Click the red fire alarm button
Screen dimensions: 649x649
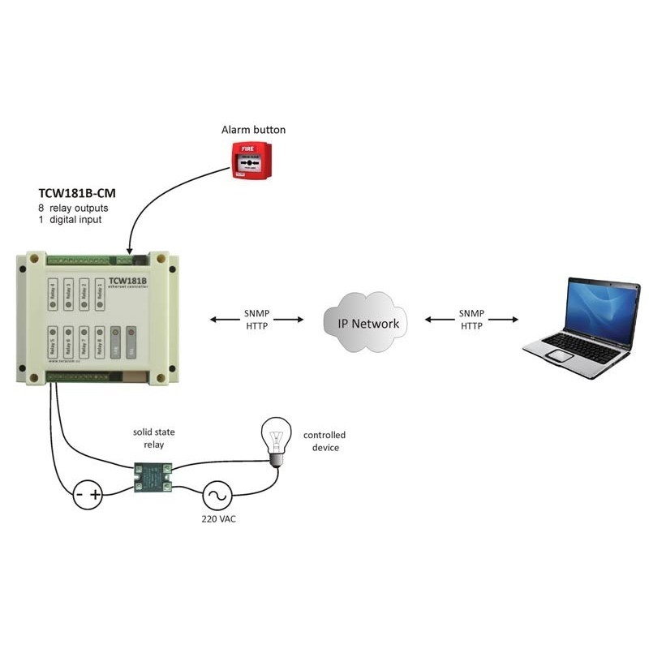[x=251, y=159]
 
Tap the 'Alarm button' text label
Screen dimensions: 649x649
[x=253, y=130]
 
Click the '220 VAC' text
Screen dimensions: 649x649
[x=217, y=518]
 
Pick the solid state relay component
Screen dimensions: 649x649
[x=154, y=477]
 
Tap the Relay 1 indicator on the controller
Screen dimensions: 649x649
[x=101, y=294]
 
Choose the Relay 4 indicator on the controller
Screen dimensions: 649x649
[x=54, y=294]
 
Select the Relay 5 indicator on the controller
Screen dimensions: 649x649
[x=54, y=343]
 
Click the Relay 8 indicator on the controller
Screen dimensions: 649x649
[x=100, y=343]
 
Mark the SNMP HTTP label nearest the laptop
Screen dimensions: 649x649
[x=471, y=320]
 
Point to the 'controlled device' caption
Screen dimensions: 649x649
[x=324, y=441]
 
